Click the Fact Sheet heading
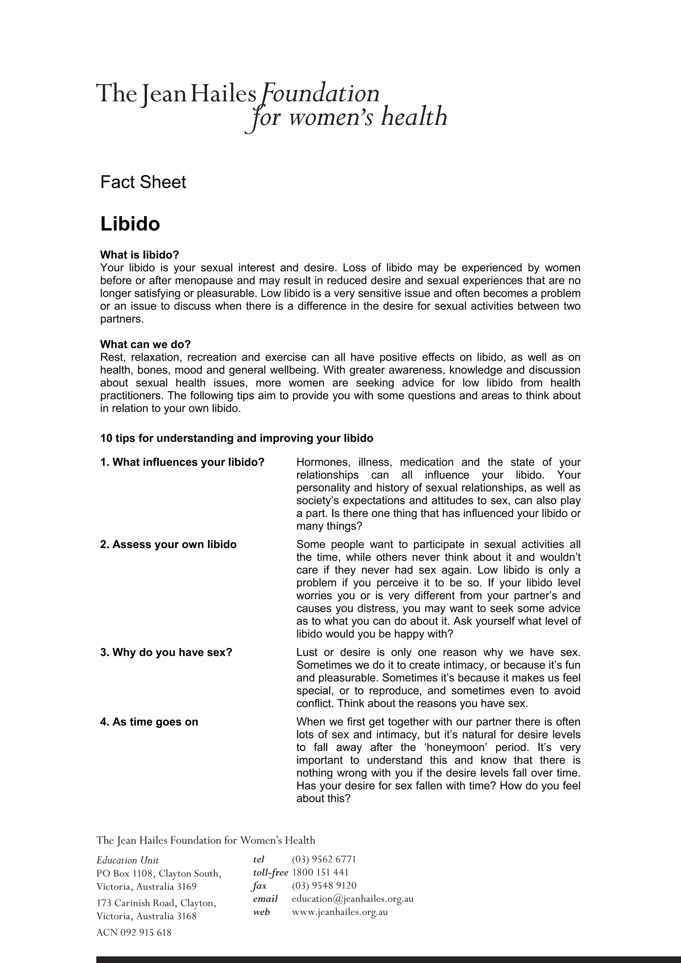(143, 182)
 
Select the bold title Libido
(130, 224)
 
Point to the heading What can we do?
(145, 344)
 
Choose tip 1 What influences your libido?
(182, 462)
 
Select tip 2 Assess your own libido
(168, 544)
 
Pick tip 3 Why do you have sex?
(166, 653)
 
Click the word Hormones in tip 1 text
(323, 462)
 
